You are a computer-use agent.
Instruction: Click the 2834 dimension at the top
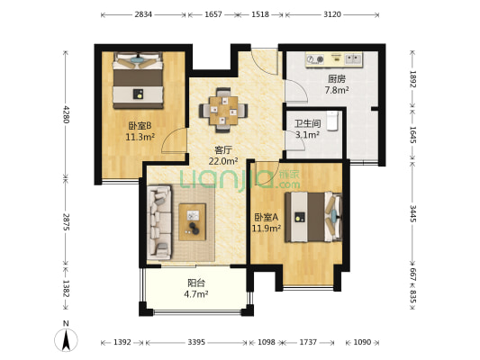(x=143, y=14)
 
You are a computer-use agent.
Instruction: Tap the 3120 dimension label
(x=332, y=14)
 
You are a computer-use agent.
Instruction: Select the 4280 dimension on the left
(x=66, y=114)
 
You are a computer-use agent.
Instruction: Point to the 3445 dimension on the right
(x=413, y=213)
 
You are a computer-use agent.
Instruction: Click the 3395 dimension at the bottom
(x=196, y=342)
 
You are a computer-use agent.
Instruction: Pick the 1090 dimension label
(x=362, y=342)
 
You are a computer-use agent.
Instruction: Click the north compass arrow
(x=66, y=340)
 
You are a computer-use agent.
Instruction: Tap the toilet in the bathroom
(x=332, y=121)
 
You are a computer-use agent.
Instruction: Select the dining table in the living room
(x=223, y=111)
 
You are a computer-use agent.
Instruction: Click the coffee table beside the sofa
(x=192, y=222)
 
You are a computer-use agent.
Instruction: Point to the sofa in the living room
(x=159, y=222)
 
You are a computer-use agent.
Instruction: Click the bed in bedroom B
(x=138, y=80)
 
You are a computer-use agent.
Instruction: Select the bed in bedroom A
(x=313, y=217)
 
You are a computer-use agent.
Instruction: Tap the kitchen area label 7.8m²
(x=337, y=90)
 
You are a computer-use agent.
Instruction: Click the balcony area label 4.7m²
(x=196, y=294)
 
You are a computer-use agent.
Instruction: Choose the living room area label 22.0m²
(x=223, y=161)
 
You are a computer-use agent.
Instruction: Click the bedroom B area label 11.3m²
(x=140, y=137)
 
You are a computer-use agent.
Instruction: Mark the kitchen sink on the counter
(x=353, y=58)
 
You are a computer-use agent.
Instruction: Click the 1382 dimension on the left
(x=66, y=288)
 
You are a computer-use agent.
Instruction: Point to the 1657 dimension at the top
(x=213, y=14)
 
